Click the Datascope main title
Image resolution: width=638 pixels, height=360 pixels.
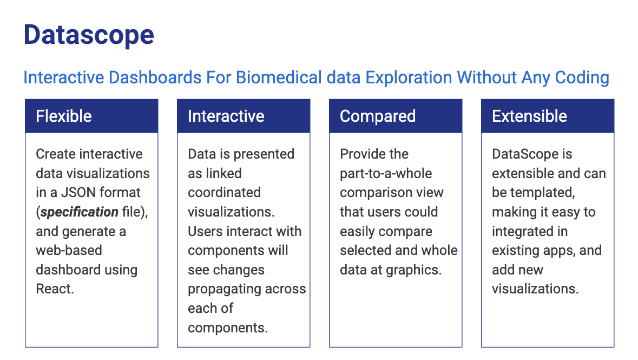point(89,35)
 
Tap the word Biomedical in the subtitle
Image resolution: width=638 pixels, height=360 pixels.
point(279,77)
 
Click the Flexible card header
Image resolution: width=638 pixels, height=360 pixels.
point(91,116)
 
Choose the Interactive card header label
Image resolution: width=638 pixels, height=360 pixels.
point(226,116)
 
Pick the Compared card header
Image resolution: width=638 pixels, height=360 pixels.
point(396,116)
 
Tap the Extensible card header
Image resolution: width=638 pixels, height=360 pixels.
point(548,116)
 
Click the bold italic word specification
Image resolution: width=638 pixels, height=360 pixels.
point(80,212)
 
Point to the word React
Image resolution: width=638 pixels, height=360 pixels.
point(55,289)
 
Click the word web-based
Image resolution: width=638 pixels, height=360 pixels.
point(69,250)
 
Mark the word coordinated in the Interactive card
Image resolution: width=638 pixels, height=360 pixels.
point(224,192)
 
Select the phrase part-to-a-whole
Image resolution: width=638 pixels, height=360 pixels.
point(386,174)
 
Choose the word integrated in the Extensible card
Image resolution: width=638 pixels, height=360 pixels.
point(524,232)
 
